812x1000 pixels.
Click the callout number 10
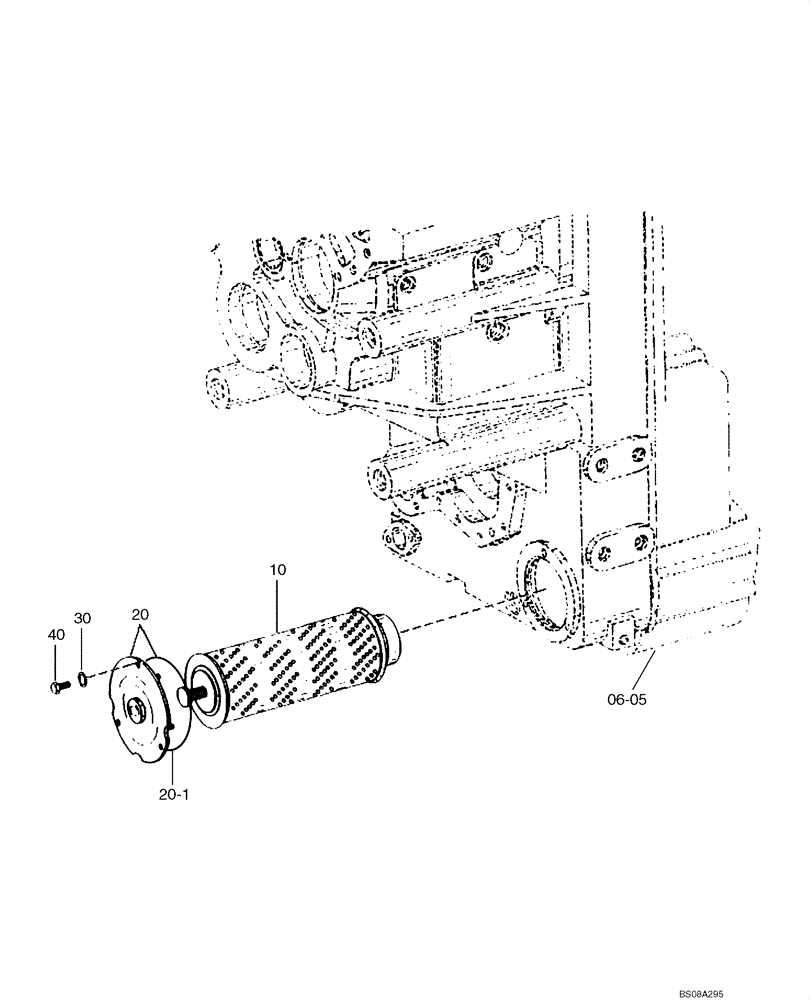point(278,570)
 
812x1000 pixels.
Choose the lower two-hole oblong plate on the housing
point(619,548)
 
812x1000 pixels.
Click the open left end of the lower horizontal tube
point(377,479)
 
